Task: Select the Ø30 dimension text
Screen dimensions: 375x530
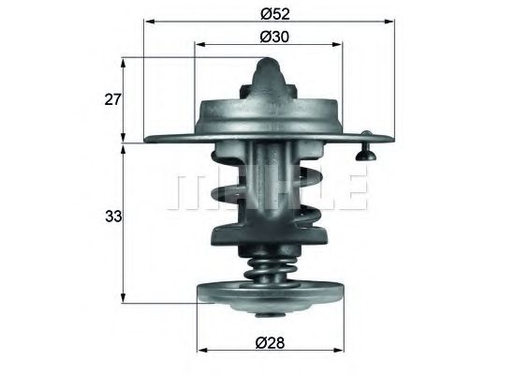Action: (272, 37)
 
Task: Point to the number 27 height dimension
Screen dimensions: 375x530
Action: (111, 99)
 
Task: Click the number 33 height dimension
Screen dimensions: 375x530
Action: (111, 217)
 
